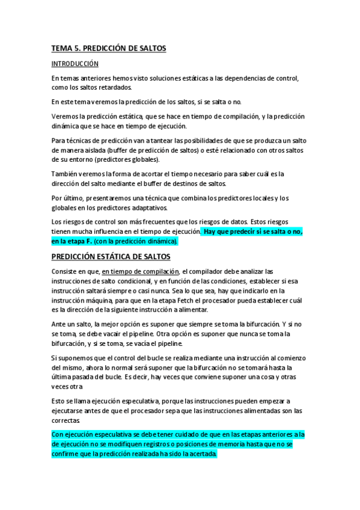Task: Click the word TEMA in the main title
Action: [62, 48]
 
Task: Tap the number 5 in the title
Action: [78, 48]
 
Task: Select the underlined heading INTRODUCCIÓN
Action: [75, 63]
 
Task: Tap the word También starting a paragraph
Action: [66, 174]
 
